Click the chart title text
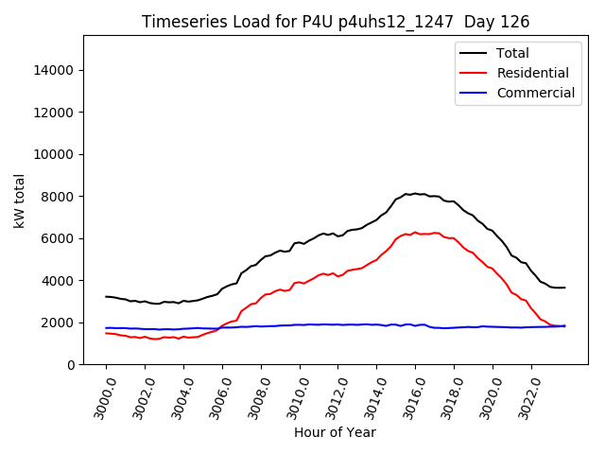pyautogui.click(x=336, y=22)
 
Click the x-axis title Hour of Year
pyautogui.click(x=335, y=432)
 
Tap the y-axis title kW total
pyautogui.click(x=20, y=201)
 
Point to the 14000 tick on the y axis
pyautogui.click(x=55, y=70)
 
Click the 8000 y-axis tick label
pyautogui.click(x=59, y=197)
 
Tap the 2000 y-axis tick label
pyautogui.click(x=59, y=323)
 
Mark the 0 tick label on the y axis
pyautogui.click(x=72, y=365)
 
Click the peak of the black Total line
pyautogui.click(x=414, y=193)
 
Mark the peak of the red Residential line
pyautogui.click(x=414, y=232)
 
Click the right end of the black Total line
pyautogui.click(x=565, y=288)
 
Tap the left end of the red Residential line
pyautogui.click(x=106, y=333)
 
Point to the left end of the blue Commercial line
pyautogui.click(x=106, y=327)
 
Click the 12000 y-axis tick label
pyautogui.click(x=55, y=113)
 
